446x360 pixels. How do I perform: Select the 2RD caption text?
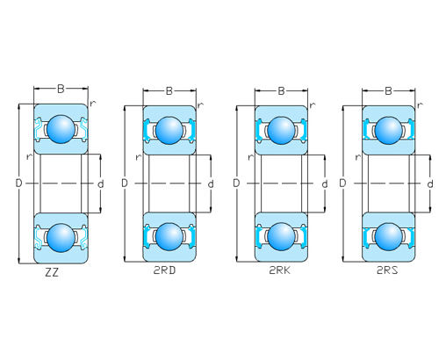165,270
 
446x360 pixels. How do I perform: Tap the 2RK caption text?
280,270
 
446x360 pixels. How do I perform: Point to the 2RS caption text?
387,270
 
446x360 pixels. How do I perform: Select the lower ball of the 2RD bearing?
169,235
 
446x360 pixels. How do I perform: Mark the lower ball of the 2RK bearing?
280,235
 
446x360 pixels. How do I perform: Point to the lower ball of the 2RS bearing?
387,235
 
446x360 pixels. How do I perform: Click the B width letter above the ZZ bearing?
61,88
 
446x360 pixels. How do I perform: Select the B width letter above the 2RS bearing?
387,90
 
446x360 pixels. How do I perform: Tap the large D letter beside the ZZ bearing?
18,183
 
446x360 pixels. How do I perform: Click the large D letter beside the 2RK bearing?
236,184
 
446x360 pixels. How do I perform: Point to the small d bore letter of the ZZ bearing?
101,184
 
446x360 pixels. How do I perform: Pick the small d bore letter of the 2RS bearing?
429,184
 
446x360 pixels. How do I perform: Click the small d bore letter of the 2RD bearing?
211,184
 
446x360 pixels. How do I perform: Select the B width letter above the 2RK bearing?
281,90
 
